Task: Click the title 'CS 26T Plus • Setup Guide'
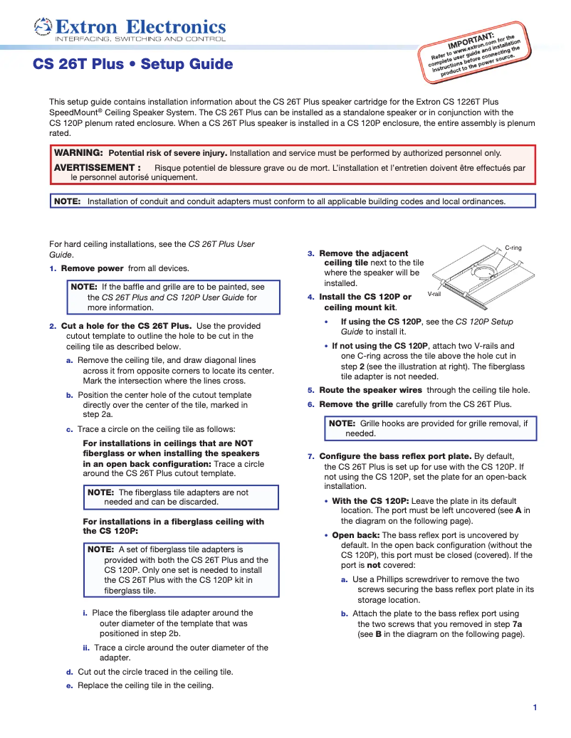(133, 65)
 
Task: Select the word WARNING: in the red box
(79, 153)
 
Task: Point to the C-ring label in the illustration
(513, 248)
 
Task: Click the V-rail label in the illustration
(434, 294)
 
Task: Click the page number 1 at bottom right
(534, 707)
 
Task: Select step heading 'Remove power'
(92, 268)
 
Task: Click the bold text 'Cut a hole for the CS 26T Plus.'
(126, 326)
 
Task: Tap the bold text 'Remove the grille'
(356, 404)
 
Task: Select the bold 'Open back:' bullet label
(356, 535)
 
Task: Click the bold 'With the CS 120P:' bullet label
(370, 501)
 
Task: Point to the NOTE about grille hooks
(431, 428)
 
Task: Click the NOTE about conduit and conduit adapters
(292, 201)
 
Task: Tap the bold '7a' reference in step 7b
(517, 624)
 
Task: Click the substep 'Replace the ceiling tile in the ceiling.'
(145, 685)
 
